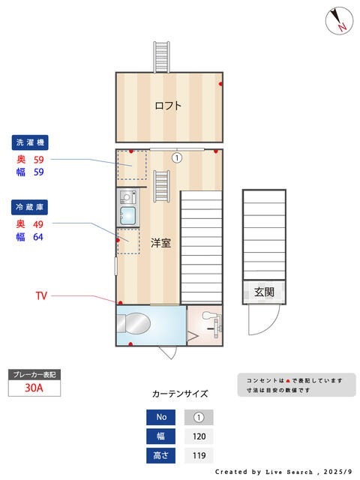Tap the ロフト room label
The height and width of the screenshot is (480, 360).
168,106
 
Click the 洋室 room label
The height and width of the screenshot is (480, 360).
161,243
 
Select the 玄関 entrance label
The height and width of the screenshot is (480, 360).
264,292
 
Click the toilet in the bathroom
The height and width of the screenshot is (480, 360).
136,325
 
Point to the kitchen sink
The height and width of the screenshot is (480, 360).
127,217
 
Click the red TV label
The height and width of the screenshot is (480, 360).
41,296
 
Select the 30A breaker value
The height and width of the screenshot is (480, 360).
33,388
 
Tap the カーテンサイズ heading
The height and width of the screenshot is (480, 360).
179,394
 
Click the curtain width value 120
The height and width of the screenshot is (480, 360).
199,436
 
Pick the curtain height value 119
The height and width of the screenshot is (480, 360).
199,455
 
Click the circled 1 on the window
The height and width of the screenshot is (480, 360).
176,157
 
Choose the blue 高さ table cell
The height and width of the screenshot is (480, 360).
161,455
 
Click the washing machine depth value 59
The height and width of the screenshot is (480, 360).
38,160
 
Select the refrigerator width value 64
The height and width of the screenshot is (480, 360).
38,238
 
